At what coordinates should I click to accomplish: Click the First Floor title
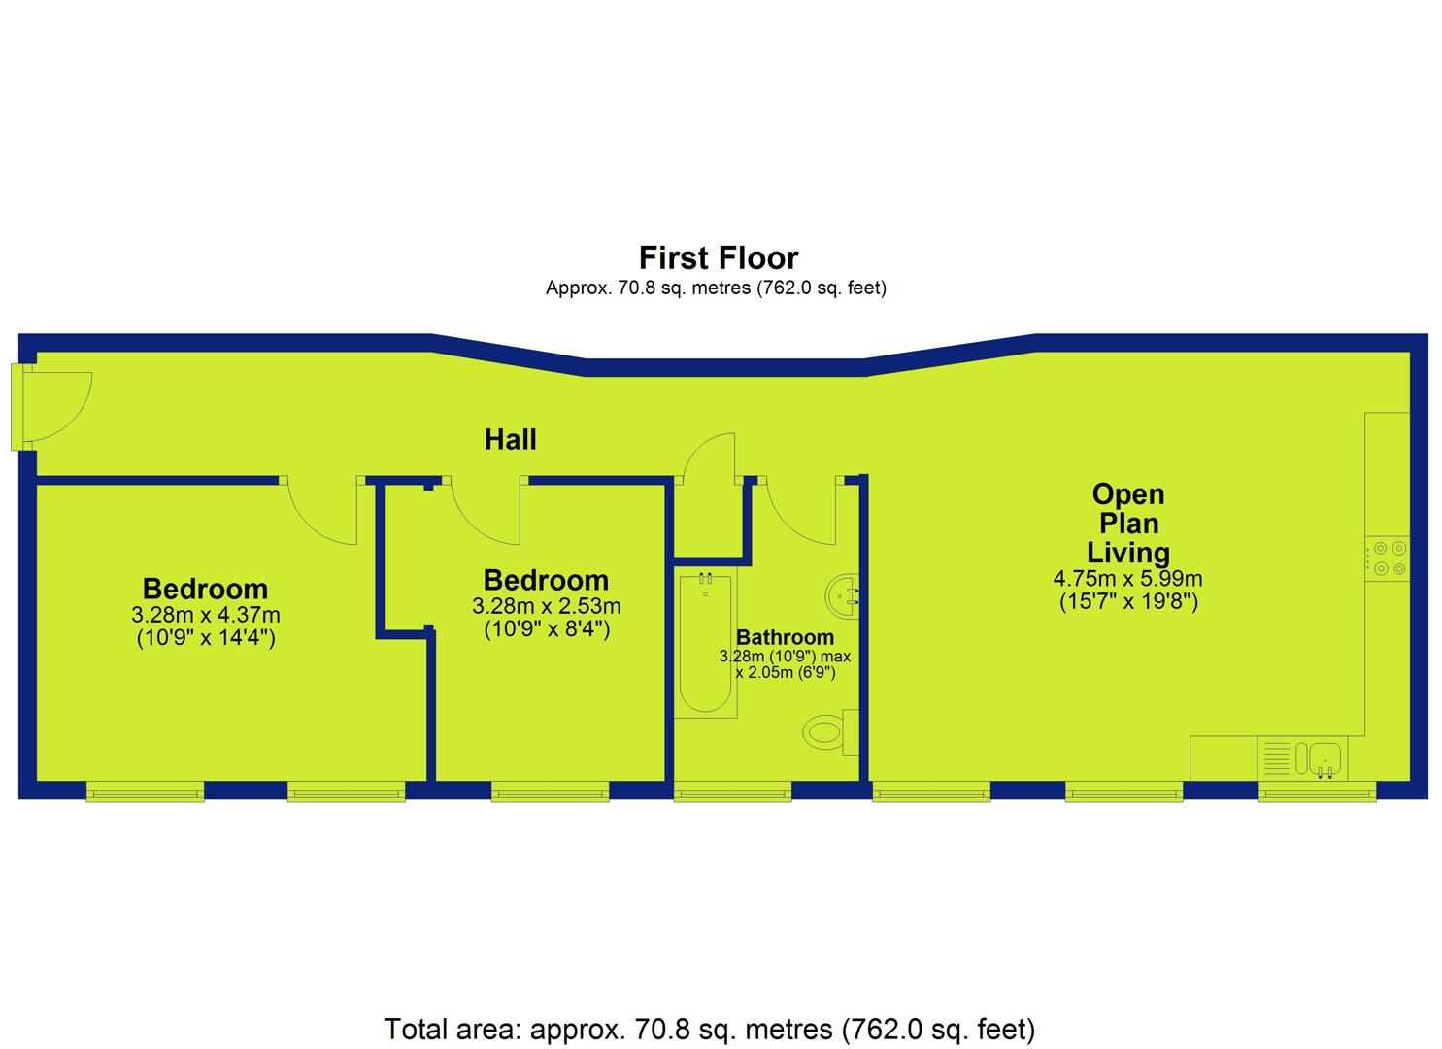click(719, 258)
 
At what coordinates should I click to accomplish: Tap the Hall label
click(510, 440)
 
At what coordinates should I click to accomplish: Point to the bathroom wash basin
click(842, 595)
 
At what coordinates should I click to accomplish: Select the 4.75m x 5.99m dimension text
click(1127, 578)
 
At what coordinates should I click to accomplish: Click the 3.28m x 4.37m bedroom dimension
click(205, 614)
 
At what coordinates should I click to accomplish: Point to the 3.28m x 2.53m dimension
click(547, 606)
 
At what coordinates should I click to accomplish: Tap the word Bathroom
click(785, 637)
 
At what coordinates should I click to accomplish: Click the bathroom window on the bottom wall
click(732, 792)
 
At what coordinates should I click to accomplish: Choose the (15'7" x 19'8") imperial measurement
click(1128, 601)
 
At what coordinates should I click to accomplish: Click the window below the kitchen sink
click(1317, 792)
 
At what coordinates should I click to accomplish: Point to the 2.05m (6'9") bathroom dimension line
click(786, 673)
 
